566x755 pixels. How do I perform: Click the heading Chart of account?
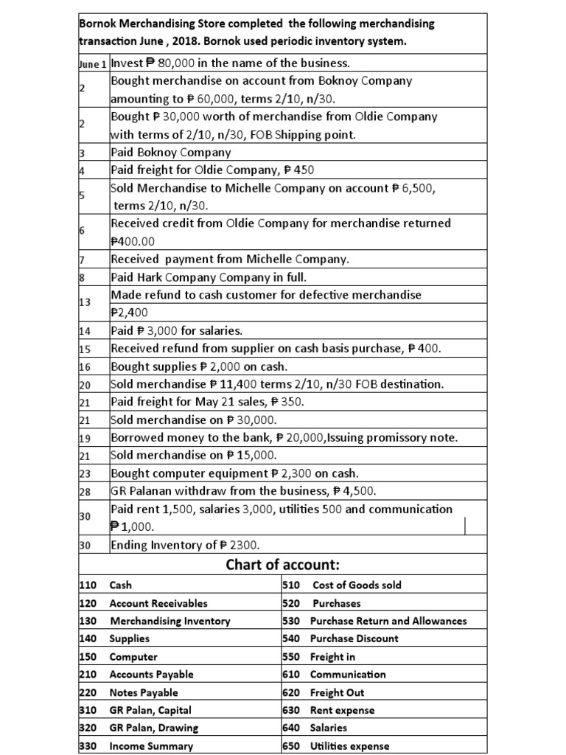[x=283, y=565]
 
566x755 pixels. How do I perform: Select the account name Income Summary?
[x=150, y=745]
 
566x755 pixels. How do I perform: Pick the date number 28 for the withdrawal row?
[x=84, y=491]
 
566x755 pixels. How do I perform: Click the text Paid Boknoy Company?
[x=170, y=153]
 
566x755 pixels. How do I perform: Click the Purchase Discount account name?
[x=354, y=639]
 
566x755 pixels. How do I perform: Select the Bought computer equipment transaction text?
[x=184, y=473]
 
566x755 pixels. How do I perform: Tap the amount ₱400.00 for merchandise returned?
[x=133, y=240]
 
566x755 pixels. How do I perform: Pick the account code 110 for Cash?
[x=87, y=585]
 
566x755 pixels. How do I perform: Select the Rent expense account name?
[x=342, y=710]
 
